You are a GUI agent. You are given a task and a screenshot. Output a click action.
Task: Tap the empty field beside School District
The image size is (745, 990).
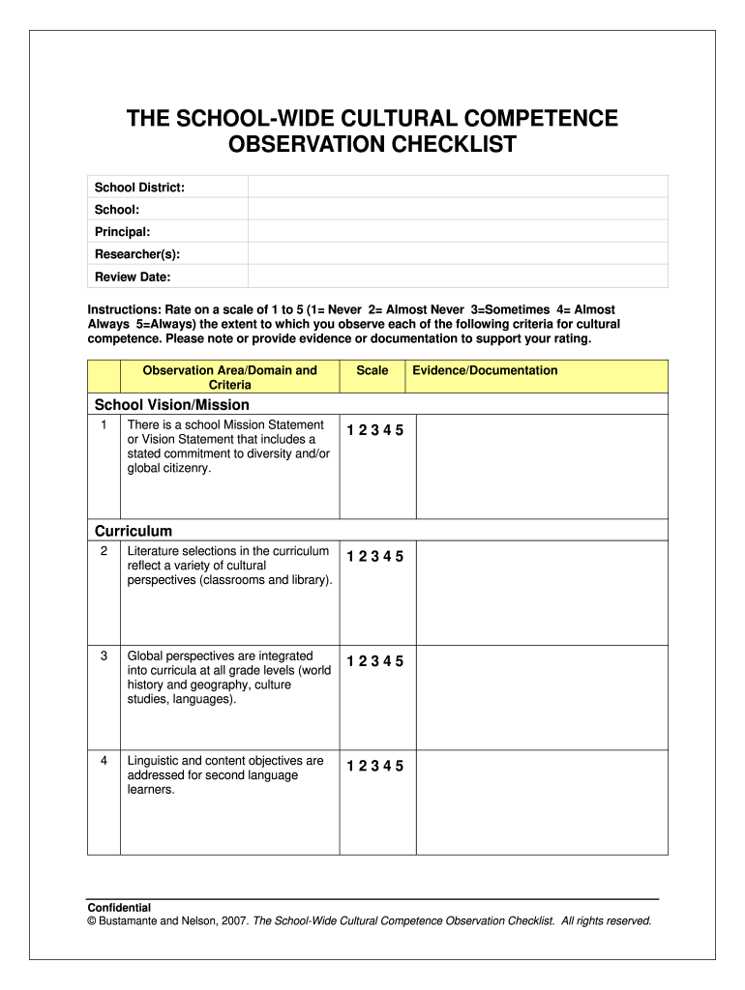click(458, 187)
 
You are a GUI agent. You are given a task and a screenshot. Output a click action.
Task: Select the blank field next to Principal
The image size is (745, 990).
click(458, 232)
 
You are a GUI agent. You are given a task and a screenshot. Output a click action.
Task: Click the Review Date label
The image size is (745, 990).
click(132, 277)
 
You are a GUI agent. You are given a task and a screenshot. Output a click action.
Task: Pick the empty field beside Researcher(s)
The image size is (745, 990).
click(458, 254)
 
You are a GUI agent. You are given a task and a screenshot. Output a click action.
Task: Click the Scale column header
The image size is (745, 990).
click(372, 371)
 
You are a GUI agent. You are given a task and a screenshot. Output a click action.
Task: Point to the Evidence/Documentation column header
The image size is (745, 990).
click(485, 371)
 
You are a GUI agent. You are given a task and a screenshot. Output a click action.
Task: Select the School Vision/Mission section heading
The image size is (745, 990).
click(171, 405)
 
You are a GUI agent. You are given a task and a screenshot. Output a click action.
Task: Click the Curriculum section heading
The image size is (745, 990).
click(134, 531)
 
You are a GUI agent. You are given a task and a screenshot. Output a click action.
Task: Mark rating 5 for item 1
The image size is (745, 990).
click(400, 431)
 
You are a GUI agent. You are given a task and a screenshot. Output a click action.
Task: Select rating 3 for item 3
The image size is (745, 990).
click(374, 662)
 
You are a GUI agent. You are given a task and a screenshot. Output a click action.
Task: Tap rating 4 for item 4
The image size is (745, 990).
click(387, 768)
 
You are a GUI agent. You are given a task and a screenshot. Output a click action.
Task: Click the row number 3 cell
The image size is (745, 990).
click(104, 656)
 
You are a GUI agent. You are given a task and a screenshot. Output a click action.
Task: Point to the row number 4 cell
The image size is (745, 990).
click(104, 762)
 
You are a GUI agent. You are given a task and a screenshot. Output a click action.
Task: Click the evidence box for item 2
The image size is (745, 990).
click(542, 592)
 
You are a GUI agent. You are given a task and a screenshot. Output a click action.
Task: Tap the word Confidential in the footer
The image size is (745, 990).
click(119, 908)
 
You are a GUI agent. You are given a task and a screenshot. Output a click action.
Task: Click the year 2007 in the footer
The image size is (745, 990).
click(233, 921)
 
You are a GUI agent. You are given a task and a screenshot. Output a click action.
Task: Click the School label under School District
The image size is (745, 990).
click(116, 210)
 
